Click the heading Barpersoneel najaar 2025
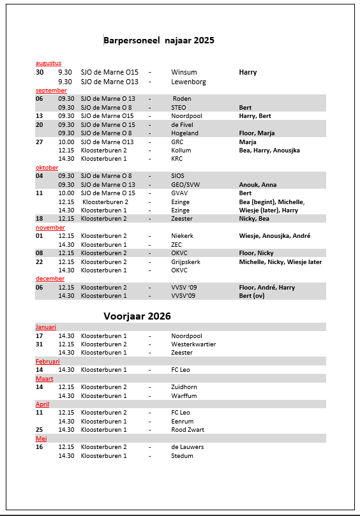(159, 40)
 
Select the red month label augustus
(49, 63)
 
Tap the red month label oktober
(47, 168)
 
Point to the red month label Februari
(48, 361)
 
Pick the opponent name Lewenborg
(188, 82)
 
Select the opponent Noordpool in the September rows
(186, 116)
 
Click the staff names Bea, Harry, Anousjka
(269, 151)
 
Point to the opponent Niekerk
(183, 236)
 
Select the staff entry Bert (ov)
(252, 296)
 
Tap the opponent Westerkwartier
(193, 344)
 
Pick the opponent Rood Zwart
(188, 430)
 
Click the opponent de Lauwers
(188, 447)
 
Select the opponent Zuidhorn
(184, 387)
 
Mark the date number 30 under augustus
(40, 73)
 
